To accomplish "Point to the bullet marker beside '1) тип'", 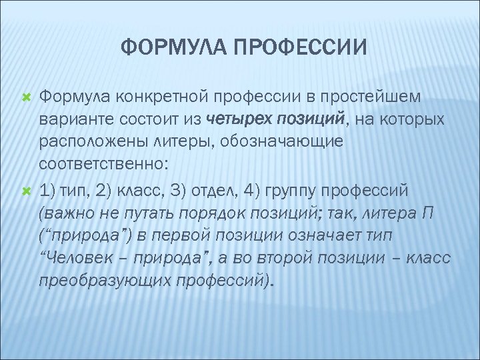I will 27,192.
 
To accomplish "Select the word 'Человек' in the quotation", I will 80,261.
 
